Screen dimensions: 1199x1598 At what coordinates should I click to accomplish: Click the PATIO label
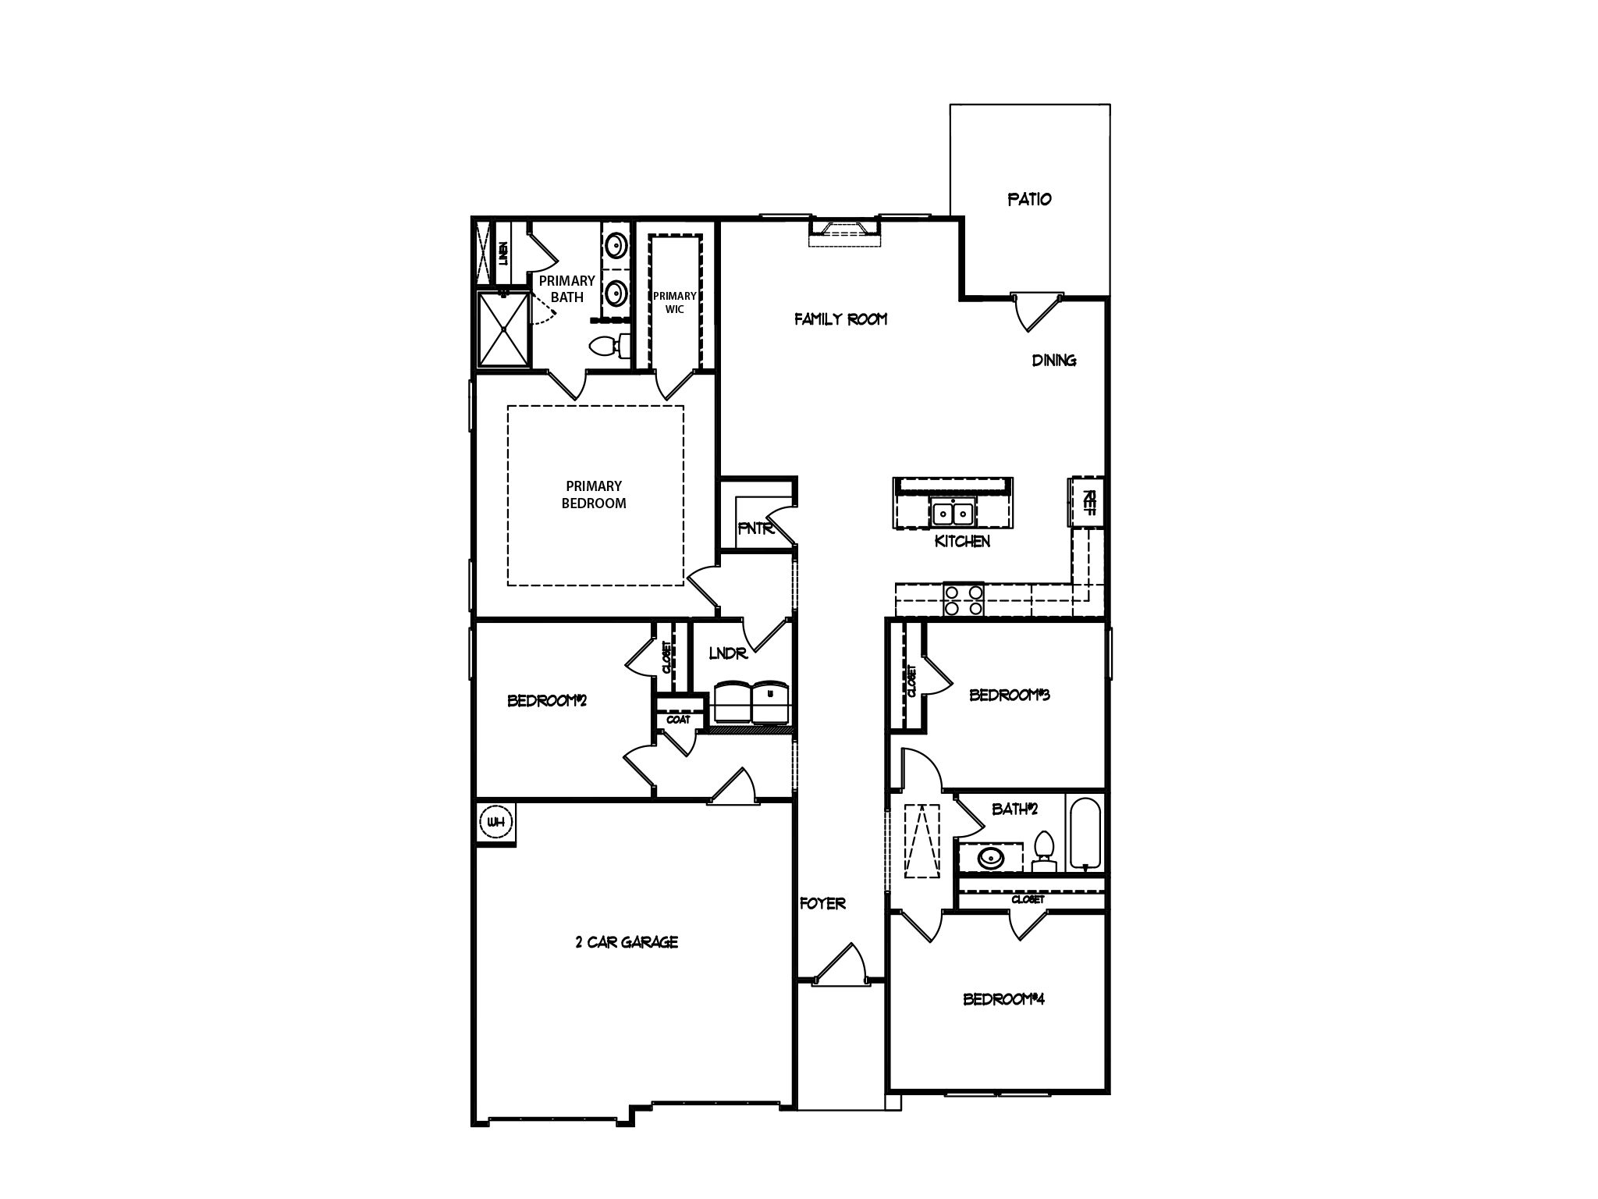click(x=1029, y=199)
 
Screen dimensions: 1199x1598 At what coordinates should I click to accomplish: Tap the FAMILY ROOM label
click(x=840, y=318)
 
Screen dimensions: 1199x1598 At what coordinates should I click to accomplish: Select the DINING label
click(x=1054, y=360)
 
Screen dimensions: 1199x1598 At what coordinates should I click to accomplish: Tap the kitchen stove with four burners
click(x=964, y=600)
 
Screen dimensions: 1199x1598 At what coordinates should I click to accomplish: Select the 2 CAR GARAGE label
click(x=627, y=942)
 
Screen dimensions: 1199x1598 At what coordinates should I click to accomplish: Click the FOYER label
click(x=822, y=903)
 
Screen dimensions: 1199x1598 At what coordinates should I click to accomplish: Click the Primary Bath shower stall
click(x=504, y=329)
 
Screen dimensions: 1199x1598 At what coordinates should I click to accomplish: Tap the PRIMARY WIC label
click(x=675, y=302)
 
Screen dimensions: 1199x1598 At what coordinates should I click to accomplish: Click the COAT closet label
click(x=678, y=719)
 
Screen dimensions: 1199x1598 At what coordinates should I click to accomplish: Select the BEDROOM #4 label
click(x=1003, y=998)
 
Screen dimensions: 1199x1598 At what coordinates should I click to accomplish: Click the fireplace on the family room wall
click(x=844, y=231)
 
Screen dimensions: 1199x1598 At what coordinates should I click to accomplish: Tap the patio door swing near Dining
click(x=1035, y=310)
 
